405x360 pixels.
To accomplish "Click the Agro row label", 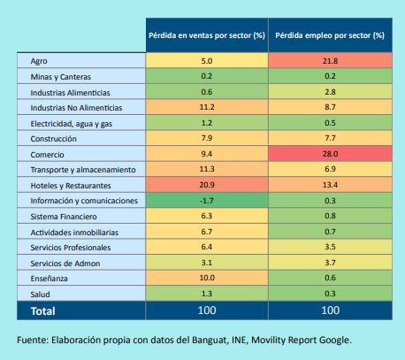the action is [39, 61].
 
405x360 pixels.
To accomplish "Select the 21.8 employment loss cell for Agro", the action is [330, 61].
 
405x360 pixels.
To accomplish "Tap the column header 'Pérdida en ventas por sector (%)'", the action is [207, 35].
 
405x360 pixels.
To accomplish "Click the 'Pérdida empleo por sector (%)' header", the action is [330, 35].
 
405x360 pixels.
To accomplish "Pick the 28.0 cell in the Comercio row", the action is [330, 154].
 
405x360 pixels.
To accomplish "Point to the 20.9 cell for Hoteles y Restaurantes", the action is [207, 185].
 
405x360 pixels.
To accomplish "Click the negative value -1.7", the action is [207, 201].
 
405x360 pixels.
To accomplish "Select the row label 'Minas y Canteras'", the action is [61, 77].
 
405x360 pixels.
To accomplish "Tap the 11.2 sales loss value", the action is [207, 107].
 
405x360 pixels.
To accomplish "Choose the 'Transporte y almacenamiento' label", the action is [83, 170].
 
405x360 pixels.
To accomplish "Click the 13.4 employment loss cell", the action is [330, 185].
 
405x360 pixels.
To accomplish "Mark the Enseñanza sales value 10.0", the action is [207, 278].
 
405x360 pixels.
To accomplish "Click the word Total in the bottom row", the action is [43, 311].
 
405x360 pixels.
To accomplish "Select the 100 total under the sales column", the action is [207, 310].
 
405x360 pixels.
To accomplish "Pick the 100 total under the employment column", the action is [330, 310].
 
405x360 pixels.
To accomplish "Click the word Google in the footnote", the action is [335, 341].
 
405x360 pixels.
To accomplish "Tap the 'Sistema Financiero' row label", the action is [64, 217].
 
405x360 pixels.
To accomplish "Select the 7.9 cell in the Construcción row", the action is [207, 138].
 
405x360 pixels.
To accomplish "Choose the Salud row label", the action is [40, 295].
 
